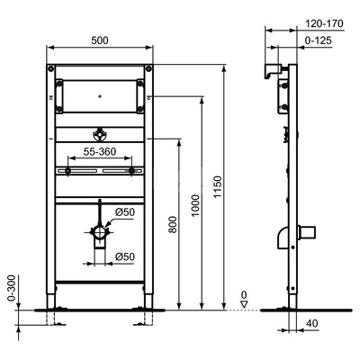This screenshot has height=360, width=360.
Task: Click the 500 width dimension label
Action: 100,40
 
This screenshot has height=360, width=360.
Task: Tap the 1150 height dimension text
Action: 218,186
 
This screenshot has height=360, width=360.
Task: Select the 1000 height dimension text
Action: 195,205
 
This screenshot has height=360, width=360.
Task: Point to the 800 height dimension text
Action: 173,224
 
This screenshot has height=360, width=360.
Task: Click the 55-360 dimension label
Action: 100,151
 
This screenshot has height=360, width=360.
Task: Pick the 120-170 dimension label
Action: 324,23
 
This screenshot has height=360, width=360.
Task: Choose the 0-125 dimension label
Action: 319,40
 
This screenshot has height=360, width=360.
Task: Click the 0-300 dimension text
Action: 12,288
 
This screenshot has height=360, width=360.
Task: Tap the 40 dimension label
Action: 312,323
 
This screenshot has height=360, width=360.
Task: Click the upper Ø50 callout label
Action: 125,212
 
